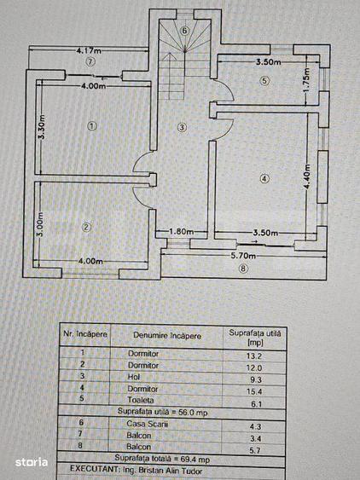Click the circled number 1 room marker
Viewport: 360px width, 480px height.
[x=93, y=126]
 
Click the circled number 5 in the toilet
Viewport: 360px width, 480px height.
[x=264, y=81]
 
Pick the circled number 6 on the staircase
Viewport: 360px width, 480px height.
[x=183, y=31]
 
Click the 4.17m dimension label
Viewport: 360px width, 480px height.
[x=90, y=49]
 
